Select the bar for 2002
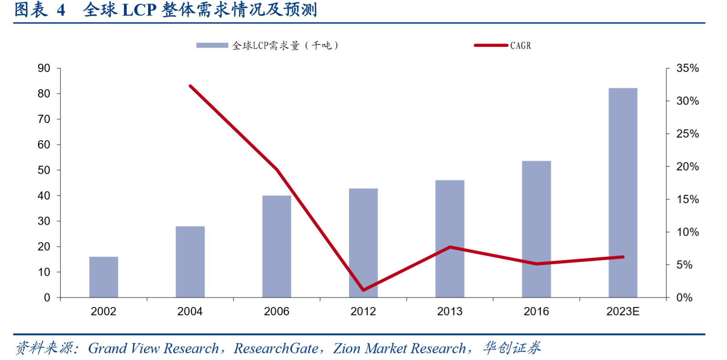(x=103, y=277)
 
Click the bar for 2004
(x=190, y=262)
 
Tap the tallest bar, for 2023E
(x=623, y=192)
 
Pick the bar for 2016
(x=536, y=229)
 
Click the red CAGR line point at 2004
(x=190, y=86)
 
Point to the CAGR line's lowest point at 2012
(x=363, y=290)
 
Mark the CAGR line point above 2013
(x=450, y=247)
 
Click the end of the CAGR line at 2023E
(x=623, y=257)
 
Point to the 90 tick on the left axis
(x=44, y=68)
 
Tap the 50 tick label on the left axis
(x=44, y=170)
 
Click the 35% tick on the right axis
(x=687, y=68)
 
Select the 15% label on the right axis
(x=687, y=199)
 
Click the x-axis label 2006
(x=276, y=311)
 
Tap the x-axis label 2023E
(x=623, y=311)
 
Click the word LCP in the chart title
(x=139, y=10)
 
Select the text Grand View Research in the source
(x=153, y=348)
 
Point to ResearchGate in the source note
(x=276, y=348)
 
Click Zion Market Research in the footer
(x=399, y=348)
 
